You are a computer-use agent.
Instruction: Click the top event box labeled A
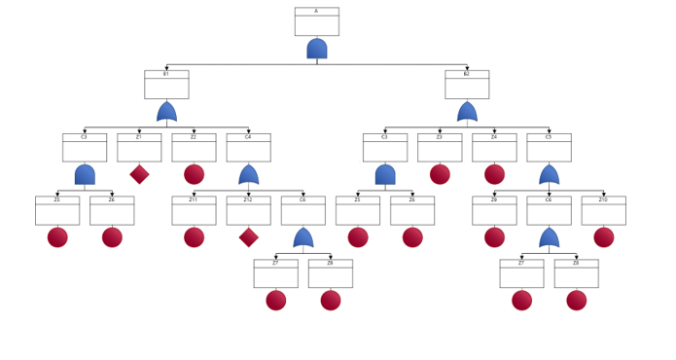point(316,21)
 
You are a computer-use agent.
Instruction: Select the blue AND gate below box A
point(316,49)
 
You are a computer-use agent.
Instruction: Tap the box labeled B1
point(166,85)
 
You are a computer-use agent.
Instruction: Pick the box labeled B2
point(467,85)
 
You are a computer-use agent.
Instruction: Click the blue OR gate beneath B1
point(166,112)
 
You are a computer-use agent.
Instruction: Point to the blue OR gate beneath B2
point(467,112)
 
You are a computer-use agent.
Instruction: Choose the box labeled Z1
point(139,148)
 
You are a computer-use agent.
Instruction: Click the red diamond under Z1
point(139,174)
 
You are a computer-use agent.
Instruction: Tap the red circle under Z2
point(194,174)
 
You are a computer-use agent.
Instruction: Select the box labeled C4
point(248,148)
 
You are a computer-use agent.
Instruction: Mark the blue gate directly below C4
point(248,174)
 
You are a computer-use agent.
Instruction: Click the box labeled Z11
point(194,210)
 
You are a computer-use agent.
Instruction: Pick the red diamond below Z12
point(248,237)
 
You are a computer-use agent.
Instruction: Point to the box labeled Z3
point(440,148)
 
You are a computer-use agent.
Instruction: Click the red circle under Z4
point(494,174)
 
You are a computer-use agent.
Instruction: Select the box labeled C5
point(549,148)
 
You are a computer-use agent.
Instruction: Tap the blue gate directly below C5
point(549,174)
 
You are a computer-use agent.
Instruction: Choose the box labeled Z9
point(494,210)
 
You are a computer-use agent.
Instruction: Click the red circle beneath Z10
point(603,237)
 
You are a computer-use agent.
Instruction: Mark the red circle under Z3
point(440,174)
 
